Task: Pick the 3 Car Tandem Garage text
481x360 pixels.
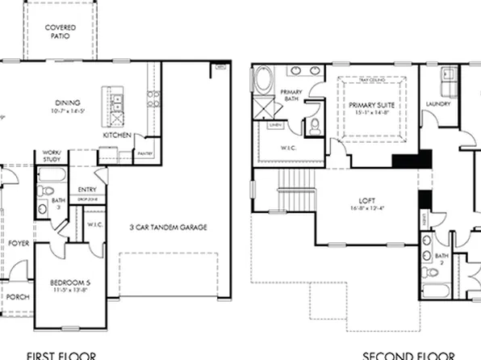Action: (x=169, y=228)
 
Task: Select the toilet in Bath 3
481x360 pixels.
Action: (x=43, y=192)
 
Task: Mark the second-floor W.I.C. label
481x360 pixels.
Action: (x=288, y=148)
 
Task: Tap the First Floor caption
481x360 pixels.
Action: (x=61, y=355)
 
